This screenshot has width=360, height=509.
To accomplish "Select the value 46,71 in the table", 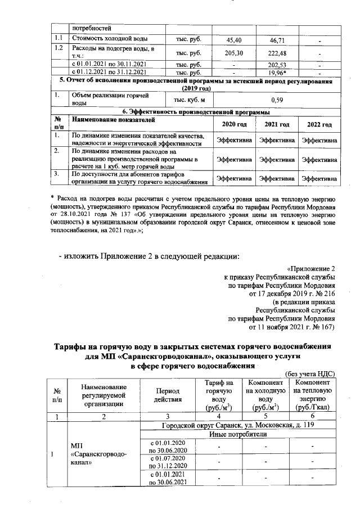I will click(x=277, y=40).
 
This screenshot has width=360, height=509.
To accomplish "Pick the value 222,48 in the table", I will click(x=277, y=52).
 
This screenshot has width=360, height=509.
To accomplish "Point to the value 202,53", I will click(x=277, y=65).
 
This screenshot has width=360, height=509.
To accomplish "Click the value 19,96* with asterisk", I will click(x=277, y=72).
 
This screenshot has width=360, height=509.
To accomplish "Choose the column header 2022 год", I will click(x=319, y=124).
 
